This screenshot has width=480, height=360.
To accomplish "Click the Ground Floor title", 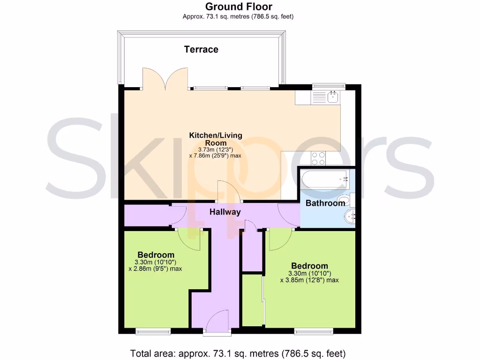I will pyautogui.click(x=239, y=7).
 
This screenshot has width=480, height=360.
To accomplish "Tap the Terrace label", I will pyautogui.click(x=201, y=49).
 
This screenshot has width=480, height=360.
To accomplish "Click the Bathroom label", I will pyautogui.click(x=325, y=203).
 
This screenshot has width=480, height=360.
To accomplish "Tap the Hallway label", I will pyautogui.click(x=225, y=212).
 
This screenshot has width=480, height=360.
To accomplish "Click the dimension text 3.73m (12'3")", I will pyautogui.click(x=216, y=150).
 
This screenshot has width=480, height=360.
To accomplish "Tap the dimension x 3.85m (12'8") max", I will pyautogui.click(x=309, y=280).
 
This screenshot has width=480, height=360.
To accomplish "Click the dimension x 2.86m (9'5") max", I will pyautogui.click(x=155, y=269).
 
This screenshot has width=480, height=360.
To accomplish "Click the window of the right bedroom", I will pyautogui.click(x=314, y=331).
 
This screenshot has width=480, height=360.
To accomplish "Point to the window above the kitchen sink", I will pyautogui.click(x=329, y=86).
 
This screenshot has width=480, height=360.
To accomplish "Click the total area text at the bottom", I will pyautogui.click(x=239, y=353).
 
